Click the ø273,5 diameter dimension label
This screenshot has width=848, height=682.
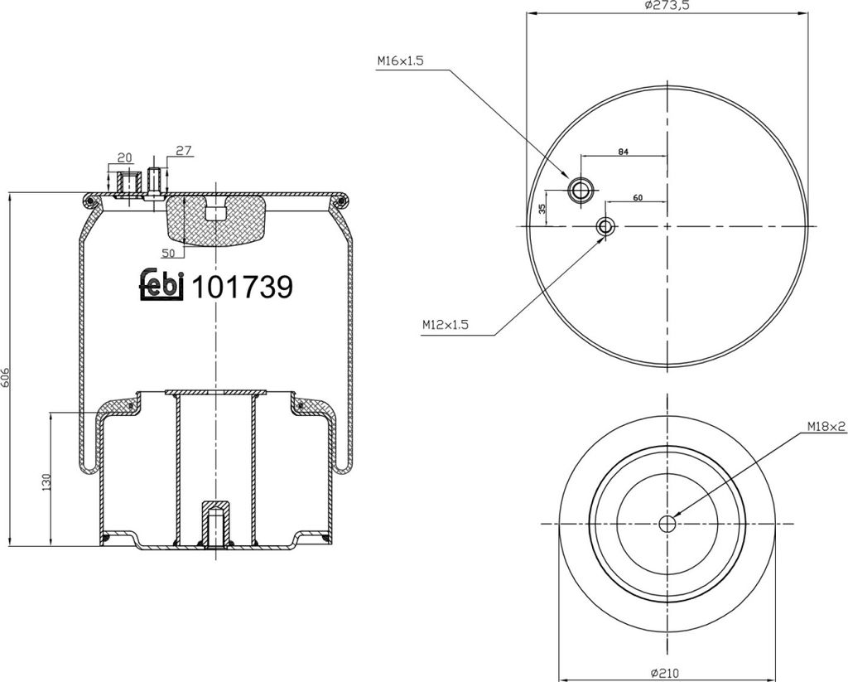pyautogui.click(x=667, y=6)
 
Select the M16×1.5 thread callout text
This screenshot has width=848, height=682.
pyautogui.click(x=400, y=61)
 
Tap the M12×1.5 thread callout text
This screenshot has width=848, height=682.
pyautogui.click(x=445, y=326)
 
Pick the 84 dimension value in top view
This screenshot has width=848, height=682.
pyautogui.click(x=623, y=152)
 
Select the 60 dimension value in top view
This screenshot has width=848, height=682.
pyautogui.click(x=638, y=198)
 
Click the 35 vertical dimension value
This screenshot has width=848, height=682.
pyautogui.click(x=542, y=208)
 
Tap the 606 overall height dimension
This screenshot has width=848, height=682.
pyautogui.click(x=7, y=375)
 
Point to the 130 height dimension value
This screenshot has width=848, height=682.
pyautogui.click(x=46, y=482)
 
